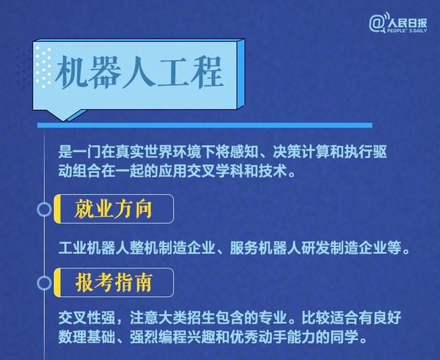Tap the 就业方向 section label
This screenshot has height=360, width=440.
coord(114,210)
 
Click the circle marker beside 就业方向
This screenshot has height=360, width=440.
coord(44,210)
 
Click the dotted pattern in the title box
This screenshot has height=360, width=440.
coord(45,63)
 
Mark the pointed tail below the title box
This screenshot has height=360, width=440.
coord(55,115)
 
